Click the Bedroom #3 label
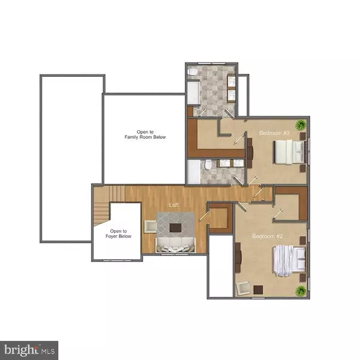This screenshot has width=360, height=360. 274,133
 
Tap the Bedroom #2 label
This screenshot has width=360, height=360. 267,236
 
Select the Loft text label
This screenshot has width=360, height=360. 174,205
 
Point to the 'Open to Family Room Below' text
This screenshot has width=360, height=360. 145,134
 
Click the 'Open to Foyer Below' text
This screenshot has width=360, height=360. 118,233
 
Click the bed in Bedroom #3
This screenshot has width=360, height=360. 289,152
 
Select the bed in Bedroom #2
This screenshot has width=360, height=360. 289,261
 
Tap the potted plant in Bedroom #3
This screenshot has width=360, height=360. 301,125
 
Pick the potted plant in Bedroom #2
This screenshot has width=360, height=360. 301,291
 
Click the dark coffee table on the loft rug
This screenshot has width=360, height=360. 175,228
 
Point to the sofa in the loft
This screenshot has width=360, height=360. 176,245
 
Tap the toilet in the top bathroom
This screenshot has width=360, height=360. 192,72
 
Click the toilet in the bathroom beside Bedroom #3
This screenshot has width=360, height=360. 208,165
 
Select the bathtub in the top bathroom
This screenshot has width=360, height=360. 193,92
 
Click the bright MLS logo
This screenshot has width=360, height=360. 29,350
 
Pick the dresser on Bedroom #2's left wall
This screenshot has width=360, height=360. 238,257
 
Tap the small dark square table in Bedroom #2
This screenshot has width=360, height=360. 258,290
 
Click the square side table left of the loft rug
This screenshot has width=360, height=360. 151,227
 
